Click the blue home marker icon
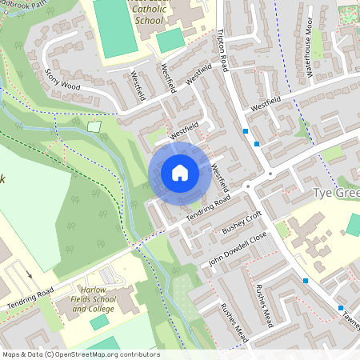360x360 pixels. tap(180, 172)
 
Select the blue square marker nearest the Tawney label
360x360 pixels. tap(341, 308)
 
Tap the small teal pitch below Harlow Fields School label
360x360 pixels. tap(100, 322)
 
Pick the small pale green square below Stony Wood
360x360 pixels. tap(94, 126)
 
